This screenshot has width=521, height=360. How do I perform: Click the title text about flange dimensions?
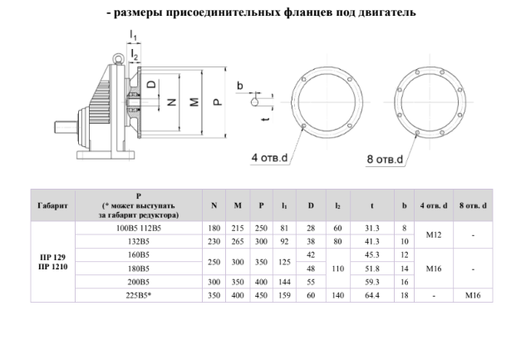tap(261, 12)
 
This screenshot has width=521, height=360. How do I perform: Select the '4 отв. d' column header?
tap(438, 205)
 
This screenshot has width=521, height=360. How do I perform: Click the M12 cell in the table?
tap(438, 234)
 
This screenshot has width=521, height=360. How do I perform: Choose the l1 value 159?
tap(284, 294)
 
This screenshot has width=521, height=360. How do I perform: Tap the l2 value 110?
tap(338, 268)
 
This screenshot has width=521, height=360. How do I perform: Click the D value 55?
tap(311, 281)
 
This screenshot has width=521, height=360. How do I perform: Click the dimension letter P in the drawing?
tap(216, 101)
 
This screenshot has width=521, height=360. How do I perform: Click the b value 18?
tap(404, 294)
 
